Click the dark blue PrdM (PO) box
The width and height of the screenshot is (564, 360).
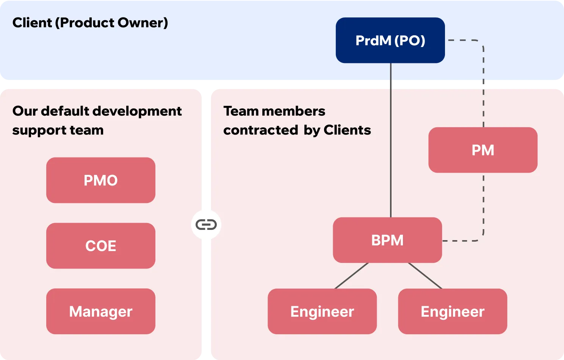click(390, 40)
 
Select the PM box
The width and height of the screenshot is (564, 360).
click(483, 150)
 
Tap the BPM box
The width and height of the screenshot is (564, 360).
click(387, 240)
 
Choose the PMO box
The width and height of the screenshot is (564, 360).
click(100, 180)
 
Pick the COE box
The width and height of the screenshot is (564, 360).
click(100, 246)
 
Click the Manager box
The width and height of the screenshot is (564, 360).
click(100, 311)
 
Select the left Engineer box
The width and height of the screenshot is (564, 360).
click(322, 311)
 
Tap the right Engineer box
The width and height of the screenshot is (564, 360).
click(452, 311)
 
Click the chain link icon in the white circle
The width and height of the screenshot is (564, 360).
click(206, 225)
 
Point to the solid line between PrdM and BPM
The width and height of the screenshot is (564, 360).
click(391, 152)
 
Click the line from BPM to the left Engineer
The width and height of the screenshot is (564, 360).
click(351, 276)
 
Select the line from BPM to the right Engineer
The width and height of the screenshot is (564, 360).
click(425, 276)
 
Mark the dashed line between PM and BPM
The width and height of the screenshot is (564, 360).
click(483, 205)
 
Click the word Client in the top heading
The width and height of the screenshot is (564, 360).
click(32, 23)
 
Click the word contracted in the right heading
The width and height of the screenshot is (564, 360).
click(260, 130)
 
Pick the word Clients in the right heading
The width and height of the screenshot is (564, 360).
click(347, 130)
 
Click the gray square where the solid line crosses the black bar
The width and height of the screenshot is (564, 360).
click(391, 84)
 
